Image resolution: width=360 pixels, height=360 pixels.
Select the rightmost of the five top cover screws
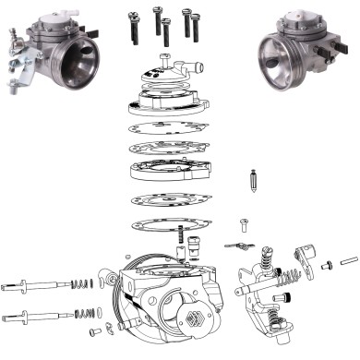point(196,24)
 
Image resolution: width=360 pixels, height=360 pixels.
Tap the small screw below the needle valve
point(246,222)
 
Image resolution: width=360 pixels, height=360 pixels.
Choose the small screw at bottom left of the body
point(94,330)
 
